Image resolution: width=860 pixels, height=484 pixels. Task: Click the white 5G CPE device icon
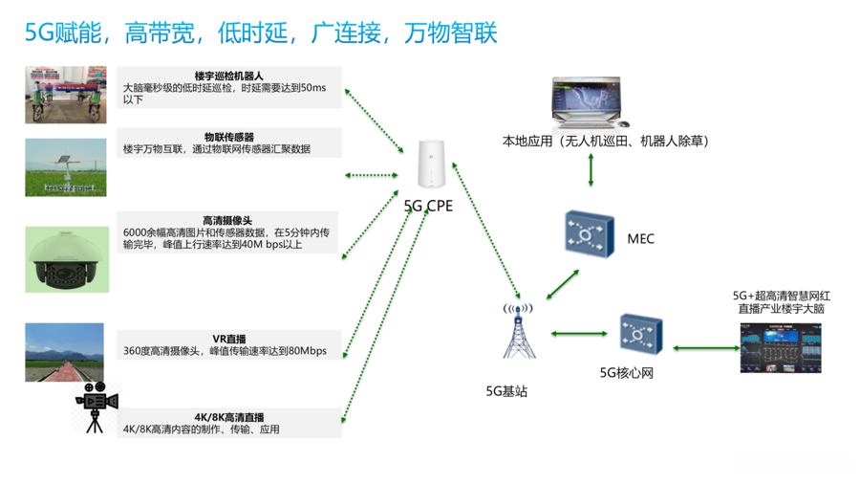click(431, 164)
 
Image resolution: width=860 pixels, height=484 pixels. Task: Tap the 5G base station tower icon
click(518, 331)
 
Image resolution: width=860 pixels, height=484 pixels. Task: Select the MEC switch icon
click(589, 233)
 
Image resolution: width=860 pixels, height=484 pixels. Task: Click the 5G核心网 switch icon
click(641, 334)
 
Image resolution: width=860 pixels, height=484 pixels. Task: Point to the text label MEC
click(640, 239)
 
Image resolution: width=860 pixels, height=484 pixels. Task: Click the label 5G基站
click(506, 391)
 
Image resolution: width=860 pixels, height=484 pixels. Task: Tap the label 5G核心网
click(626, 373)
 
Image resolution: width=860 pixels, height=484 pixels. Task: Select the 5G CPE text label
click(428, 206)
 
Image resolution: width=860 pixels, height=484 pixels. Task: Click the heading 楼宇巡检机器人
click(228, 76)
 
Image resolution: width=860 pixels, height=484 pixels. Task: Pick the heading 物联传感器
click(229, 137)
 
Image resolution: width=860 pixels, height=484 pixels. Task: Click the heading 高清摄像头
click(227, 221)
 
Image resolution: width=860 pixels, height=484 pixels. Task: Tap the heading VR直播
click(229, 339)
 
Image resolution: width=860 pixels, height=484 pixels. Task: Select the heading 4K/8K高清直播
click(229, 417)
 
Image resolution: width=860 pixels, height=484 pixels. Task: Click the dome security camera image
click(67, 259)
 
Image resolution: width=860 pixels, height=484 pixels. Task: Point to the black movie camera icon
click(97, 407)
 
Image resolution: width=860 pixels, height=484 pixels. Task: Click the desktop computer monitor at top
click(588, 102)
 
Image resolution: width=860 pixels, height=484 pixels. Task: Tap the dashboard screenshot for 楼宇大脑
click(781, 348)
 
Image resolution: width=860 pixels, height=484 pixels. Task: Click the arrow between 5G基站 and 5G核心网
click(579, 334)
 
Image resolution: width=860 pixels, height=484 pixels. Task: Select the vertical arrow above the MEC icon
click(591, 169)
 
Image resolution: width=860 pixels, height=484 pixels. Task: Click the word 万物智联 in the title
click(450, 33)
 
